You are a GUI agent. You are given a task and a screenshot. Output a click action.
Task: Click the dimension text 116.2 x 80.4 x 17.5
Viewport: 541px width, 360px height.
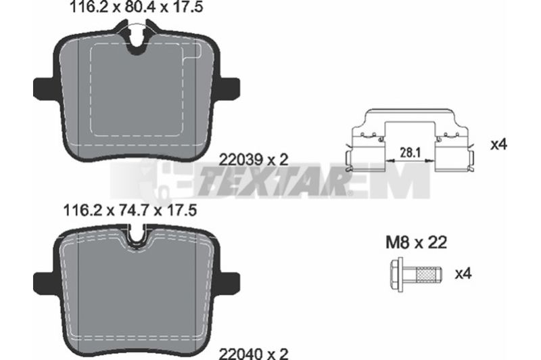pyautogui.click(x=137, y=7)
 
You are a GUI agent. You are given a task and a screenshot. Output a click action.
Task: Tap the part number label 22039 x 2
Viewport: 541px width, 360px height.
pyautogui.click(x=254, y=160)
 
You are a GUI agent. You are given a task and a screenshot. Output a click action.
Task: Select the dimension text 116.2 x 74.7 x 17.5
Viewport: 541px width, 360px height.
pyautogui.click(x=130, y=210)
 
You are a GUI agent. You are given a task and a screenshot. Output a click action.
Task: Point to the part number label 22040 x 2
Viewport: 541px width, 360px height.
pyautogui.click(x=254, y=353)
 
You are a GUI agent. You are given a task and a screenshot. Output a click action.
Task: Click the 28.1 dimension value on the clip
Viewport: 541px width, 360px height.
pyautogui.click(x=410, y=152)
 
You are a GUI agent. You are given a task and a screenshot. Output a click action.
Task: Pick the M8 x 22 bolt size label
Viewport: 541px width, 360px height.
pyautogui.click(x=416, y=242)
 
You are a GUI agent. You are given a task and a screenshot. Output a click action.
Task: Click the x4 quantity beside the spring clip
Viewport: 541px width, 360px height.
pyautogui.click(x=499, y=145)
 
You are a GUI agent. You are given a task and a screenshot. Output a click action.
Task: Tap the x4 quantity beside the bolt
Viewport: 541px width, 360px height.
pyautogui.click(x=463, y=274)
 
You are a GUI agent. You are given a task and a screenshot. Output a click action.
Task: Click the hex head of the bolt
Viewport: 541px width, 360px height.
pyautogui.click(x=397, y=275)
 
